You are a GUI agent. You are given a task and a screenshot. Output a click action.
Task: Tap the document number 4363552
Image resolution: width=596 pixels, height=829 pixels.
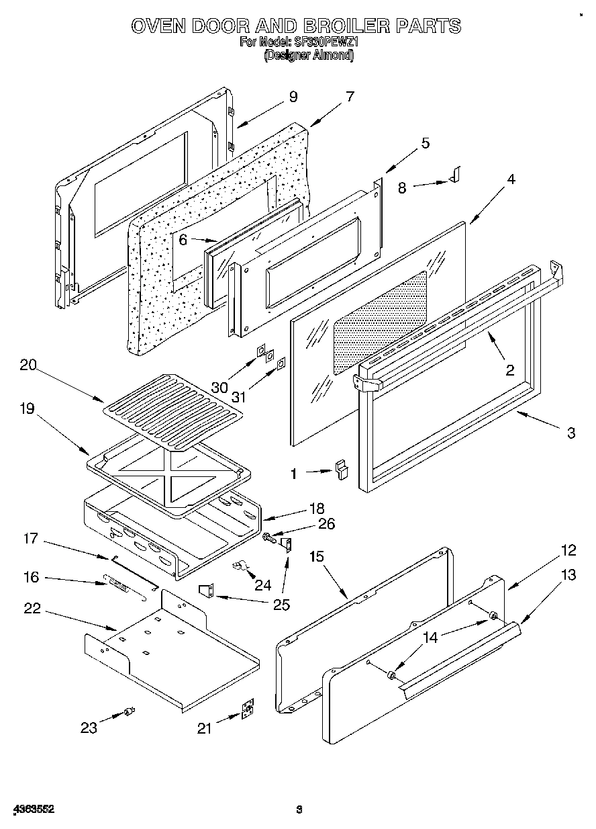point(33,810)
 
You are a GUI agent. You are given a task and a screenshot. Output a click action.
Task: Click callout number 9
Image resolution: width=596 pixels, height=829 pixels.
point(293,97)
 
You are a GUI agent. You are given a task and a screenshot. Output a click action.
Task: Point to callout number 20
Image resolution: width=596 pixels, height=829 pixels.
point(28,366)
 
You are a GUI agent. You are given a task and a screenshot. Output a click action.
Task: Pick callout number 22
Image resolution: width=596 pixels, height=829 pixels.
point(32,609)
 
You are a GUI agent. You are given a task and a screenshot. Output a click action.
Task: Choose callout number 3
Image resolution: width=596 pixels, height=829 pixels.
point(570,433)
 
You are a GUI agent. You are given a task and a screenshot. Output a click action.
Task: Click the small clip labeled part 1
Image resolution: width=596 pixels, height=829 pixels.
point(342,469)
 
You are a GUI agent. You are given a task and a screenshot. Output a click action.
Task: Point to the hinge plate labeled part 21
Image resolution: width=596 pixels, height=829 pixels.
point(248,710)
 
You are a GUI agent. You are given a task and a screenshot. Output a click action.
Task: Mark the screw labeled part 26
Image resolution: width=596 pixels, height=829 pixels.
point(268,537)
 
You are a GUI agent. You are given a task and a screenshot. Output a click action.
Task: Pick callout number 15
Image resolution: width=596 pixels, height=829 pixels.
point(317,556)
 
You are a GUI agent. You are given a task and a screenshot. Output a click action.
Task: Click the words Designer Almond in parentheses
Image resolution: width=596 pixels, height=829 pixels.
point(308,56)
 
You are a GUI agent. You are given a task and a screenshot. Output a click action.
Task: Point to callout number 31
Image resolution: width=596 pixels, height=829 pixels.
point(238,397)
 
